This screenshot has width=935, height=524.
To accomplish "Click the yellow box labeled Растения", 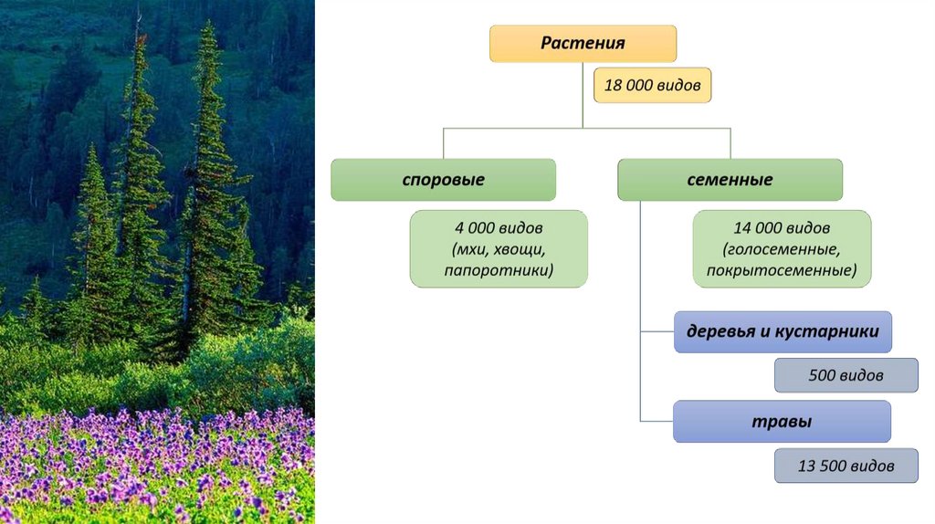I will pos(583,44).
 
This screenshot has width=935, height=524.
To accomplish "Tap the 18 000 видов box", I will pos(652,85).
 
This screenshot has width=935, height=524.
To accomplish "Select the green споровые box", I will pos(443,180).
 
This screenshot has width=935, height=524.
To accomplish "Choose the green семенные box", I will pos(730,180).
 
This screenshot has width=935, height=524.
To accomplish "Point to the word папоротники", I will pos(499,270).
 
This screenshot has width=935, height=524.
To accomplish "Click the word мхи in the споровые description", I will pos(466,249).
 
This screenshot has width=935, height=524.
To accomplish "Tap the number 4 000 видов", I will pos(499,228).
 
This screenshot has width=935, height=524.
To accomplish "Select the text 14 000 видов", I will pos(782,228).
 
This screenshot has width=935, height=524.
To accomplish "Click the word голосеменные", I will pos(782,249).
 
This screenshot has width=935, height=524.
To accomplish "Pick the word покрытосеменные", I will pos(782,270).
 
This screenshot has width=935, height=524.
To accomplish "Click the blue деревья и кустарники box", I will pos(783,331).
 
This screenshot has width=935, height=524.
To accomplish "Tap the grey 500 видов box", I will pos(846,375).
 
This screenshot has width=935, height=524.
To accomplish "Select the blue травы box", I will pos(782,422).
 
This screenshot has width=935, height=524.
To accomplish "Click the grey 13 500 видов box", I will pos(846,465).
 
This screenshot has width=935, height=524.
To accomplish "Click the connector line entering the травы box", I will pos(657,421).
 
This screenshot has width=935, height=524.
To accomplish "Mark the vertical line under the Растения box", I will pos(583,96).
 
